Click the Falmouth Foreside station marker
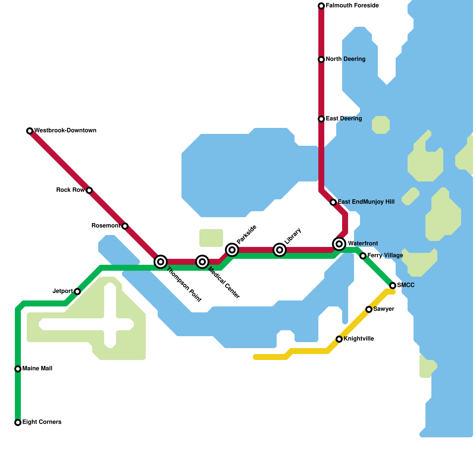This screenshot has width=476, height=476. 321,6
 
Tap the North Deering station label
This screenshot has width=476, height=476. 345,59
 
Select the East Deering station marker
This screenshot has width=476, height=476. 321,119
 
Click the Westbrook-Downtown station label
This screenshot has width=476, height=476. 65,131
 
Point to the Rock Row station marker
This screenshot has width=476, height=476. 89,190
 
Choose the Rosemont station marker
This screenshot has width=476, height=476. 125,226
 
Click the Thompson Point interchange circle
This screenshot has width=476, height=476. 161,262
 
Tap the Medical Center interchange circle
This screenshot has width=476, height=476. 202,262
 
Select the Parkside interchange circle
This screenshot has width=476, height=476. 232,250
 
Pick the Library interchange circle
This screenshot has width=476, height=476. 280,250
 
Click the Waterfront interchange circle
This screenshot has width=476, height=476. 339,244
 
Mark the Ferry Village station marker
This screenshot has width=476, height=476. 363,256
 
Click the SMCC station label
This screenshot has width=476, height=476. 406,285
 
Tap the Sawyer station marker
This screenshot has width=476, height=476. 369,309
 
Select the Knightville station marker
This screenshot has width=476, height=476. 339,339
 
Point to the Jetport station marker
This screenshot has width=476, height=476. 77,292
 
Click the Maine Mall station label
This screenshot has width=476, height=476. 37,369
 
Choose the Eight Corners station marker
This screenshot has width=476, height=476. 18,422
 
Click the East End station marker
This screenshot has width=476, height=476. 333,202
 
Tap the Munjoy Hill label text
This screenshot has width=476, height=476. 378,202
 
